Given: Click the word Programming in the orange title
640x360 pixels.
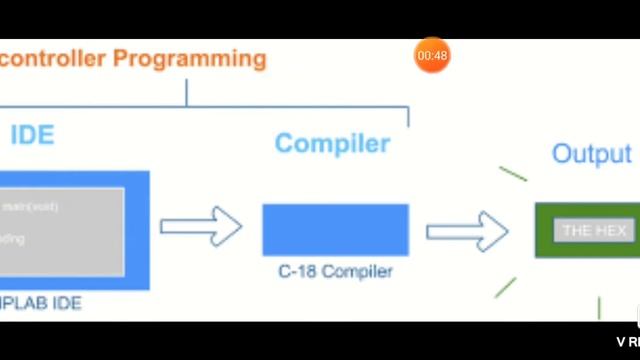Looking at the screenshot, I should (x=189, y=59).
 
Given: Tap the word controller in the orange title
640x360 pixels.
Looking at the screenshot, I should (x=54, y=59).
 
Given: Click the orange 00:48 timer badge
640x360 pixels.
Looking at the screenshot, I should (x=432, y=56).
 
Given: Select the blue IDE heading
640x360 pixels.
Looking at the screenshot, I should (x=32, y=135).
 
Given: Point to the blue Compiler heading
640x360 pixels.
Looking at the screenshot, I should (x=332, y=143).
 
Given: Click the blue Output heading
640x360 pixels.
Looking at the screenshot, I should (x=592, y=154).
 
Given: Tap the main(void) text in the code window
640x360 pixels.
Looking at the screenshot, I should (x=30, y=207).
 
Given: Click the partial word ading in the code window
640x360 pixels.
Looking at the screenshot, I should (x=13, y=239).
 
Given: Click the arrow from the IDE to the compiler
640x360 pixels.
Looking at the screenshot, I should (x=201, y=227).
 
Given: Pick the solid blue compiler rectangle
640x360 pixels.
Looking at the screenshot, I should (x=335, y=230).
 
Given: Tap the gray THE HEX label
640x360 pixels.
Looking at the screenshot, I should (x=594, y=231).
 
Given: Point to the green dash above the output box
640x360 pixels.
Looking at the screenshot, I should (x=513, y=174).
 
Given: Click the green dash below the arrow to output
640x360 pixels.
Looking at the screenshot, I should (x=505, y=288).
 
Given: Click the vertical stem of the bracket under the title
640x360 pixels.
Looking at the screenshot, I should (x=187, y=92).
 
